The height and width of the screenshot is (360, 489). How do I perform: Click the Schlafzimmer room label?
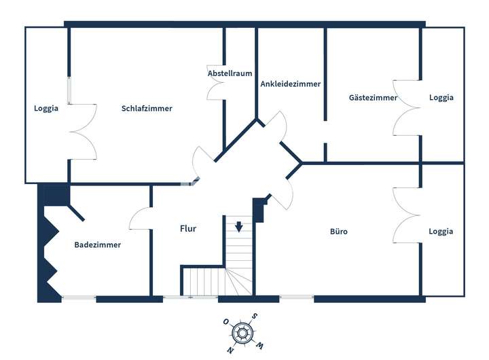click(147, 108)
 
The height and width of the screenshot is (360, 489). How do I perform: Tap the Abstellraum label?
click(230, 73)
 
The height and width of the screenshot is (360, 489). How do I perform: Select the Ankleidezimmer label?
click(291, 84)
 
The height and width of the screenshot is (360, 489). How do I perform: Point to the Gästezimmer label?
click(373, 98)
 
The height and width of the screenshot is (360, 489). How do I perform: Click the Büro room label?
click(339, 232)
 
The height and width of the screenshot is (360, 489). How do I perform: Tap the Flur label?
click(188, 229)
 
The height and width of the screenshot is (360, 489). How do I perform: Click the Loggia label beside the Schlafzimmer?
click(46, 108)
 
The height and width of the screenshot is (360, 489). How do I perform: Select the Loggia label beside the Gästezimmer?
click(441, 98)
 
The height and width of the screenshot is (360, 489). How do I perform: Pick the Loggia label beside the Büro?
click(441, 232)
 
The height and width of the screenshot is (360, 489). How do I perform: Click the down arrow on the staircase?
click(239, 227)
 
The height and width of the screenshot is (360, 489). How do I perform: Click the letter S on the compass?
click(254, 316)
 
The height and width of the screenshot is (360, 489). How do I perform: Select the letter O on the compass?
click(225, 321)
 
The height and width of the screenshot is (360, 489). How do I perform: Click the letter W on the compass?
click(259, 346)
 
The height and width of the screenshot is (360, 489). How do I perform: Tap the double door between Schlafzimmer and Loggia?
click(84, 132)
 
